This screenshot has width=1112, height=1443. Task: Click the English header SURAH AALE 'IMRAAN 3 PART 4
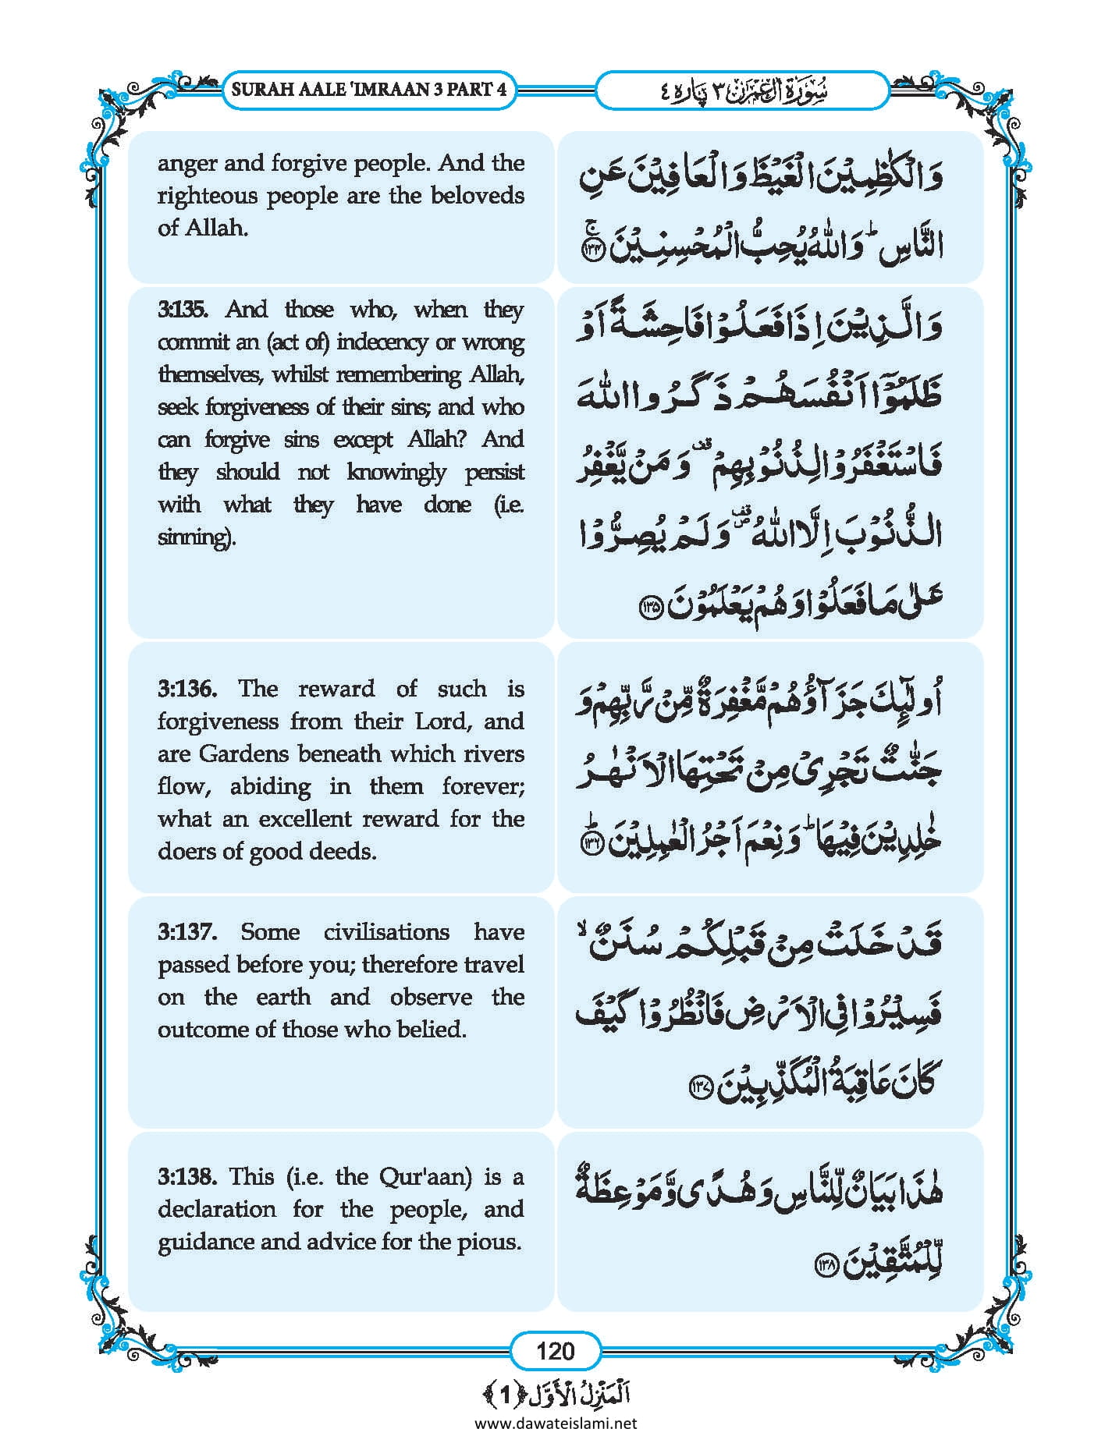pos(368,89)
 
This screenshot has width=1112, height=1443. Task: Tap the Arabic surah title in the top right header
pos(741,90)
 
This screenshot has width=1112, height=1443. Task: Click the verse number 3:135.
pos(183,310)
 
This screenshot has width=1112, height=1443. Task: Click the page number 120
pos(555,1350)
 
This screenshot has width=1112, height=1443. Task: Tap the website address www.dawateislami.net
pos(555,1423)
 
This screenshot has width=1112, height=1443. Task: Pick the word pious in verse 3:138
pos(492,1241)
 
